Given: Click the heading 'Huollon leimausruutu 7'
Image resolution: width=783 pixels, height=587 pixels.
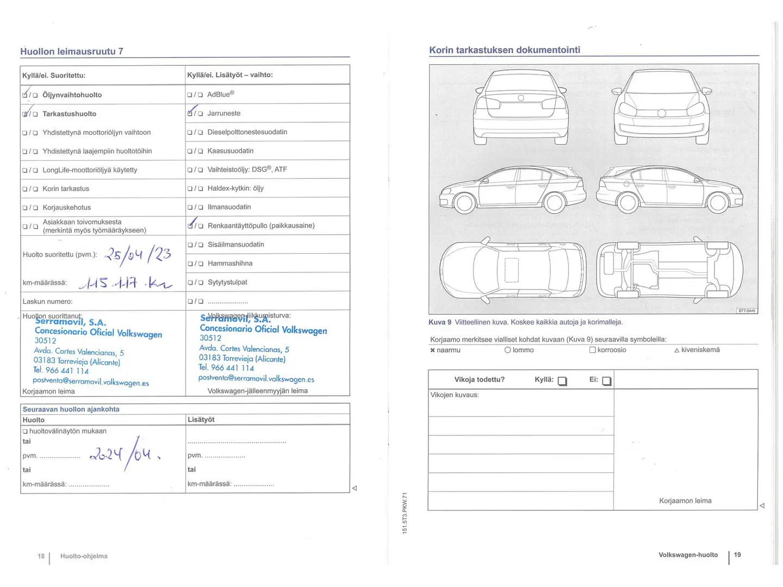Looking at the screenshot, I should coord(72,52).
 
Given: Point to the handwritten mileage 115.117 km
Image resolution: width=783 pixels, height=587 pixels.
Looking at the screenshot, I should coord(125,282).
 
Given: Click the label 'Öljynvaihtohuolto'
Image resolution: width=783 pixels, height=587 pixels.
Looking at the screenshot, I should coord(72,95).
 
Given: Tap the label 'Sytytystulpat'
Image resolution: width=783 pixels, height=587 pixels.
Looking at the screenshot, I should coord(227,283).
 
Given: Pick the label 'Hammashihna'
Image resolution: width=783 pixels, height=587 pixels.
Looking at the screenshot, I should coord(230,264).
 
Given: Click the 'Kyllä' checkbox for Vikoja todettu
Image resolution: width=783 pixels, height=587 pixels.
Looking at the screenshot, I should coord(562,381).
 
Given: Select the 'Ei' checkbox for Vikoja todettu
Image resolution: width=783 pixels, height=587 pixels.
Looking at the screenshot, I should coord(606,381).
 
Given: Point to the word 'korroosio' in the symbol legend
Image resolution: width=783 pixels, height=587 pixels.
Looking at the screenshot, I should coord(612,350).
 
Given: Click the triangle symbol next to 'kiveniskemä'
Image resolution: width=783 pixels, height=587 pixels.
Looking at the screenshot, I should coord(676,351).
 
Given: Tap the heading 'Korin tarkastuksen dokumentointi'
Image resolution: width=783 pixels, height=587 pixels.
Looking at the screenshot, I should coord(505,50).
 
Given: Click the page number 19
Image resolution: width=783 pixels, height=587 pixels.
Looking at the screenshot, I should coord(737,555).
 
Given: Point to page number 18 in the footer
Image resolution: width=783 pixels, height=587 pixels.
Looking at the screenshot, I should coord(41,556).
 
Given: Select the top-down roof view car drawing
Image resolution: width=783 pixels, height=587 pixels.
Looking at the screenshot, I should coord(513,270).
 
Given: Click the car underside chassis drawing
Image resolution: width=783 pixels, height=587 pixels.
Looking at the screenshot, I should coord(669,270).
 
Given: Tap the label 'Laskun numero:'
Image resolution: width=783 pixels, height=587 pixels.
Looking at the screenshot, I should coord(47,302).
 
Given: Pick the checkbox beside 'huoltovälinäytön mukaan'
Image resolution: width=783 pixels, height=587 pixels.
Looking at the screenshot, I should coord(25,432).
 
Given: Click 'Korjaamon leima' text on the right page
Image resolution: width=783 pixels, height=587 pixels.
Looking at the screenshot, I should coord(685,501).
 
